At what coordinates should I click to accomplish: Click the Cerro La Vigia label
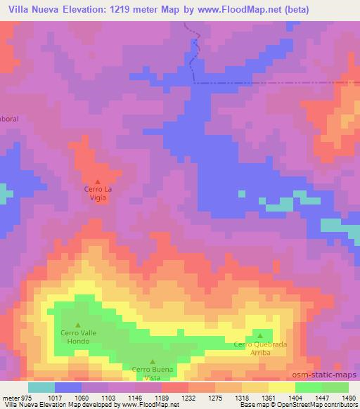click(x=98, y=194)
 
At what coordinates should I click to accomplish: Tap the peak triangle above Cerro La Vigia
click(x=98, y=182)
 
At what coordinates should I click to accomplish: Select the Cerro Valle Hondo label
click(x=78, y=337)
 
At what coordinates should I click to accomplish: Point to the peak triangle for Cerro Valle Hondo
click(x=78, y=325)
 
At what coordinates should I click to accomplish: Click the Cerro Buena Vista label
click(x=151, y=373)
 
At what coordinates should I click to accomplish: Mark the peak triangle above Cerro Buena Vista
click(x=151, y=361)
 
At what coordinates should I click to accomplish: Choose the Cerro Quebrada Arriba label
click(x=261, y=349)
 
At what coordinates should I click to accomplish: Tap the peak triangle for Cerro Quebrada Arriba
click(x=261, y=335)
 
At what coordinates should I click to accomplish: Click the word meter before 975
click(x=10, y=396)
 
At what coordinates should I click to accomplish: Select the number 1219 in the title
click(x=121, y=10)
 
